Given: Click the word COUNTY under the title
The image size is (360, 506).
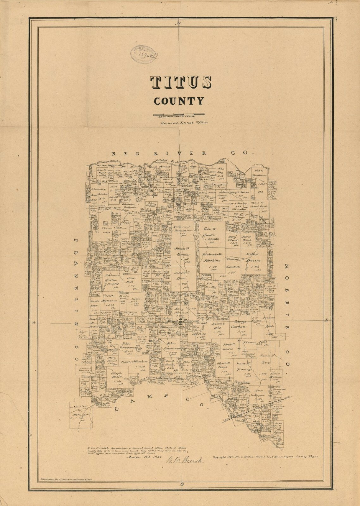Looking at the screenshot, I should point(179,101).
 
